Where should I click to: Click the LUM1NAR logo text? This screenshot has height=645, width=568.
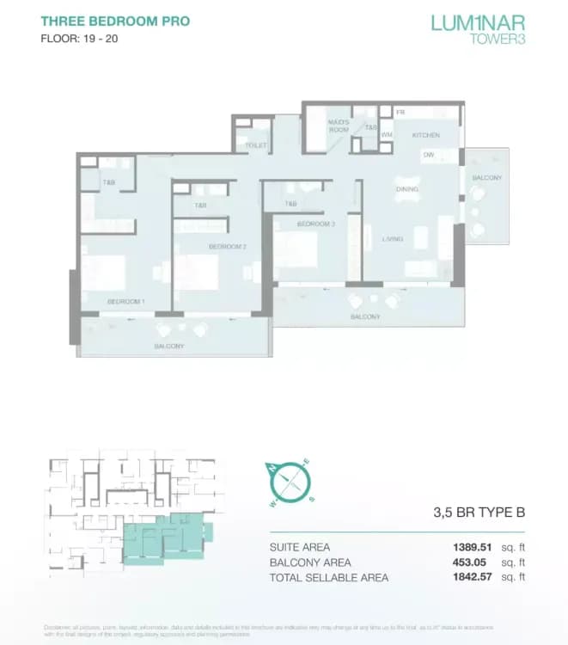tap(478, 21)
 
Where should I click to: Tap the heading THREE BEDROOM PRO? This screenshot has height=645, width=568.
tap(115, 21)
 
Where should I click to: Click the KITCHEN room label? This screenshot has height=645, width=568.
tap(425, 135)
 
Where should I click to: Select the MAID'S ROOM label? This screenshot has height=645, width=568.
tap(339, 126)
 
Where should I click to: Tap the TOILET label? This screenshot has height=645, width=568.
tap(256, 146)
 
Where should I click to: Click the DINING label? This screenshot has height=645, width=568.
tap(406, 189)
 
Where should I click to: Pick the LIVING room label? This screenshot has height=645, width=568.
tap(393, 239)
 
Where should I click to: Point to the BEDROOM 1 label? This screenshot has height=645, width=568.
tap(125, 302)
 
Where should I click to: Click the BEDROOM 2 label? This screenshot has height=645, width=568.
tap(228, 247)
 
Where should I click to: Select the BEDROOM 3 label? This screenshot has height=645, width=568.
tap(315, 224)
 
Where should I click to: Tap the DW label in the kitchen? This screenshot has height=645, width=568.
tap(428, 155)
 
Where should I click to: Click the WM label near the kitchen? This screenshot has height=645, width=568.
tap(387, 135)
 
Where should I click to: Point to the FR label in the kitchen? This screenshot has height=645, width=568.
tap(400, 112)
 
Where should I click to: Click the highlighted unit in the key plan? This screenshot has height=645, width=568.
tap(163, 537)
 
